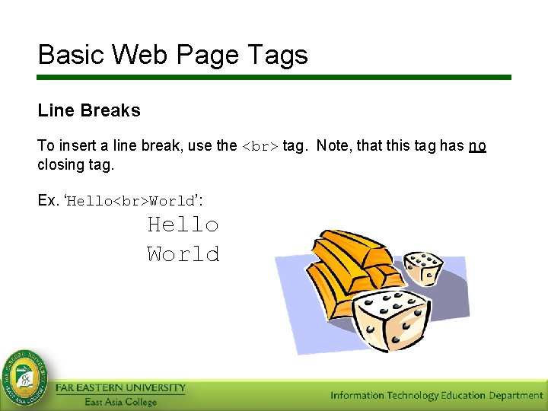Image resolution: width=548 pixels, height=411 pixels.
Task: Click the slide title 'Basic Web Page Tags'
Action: click(x=173, y=55)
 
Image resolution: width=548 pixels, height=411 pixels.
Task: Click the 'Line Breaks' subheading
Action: click(x=89, y=110)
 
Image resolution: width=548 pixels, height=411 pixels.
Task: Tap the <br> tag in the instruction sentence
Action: click(x=260, y=146)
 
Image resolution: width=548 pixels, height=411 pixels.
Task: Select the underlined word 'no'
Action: click(x=477, y=145)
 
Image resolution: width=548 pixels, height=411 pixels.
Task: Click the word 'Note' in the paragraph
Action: click(x=332, y=145)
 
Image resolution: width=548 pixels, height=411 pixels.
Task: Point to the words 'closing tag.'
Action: click(x=75, y=164)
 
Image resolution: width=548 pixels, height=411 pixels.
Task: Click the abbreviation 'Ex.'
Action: click(x=48, y=200)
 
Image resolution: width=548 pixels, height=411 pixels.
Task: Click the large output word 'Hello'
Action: click(x=183, y=225)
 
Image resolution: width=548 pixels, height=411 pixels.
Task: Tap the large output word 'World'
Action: click(x=183, y=253)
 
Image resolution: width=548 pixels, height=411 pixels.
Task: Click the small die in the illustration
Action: click(x=422, y=267)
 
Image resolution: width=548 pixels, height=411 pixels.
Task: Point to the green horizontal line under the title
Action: click(x=274, y=77)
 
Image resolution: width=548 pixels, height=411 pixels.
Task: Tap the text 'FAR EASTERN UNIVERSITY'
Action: click(x=120, y=388)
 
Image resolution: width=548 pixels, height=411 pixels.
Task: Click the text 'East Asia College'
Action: click(x=120, y=402)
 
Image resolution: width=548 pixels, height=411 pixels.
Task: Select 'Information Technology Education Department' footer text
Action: click(x=436, y=395)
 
